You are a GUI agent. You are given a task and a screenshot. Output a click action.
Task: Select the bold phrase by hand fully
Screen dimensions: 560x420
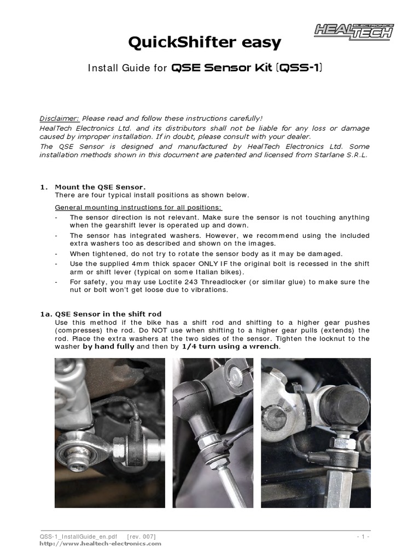(108, 347)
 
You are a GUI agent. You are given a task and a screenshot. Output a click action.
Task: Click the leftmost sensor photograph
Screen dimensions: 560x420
(109, 433)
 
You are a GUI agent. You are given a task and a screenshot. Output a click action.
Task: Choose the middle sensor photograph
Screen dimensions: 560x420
(213, 433)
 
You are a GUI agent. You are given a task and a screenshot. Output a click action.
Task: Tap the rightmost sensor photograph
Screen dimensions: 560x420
(316, 433)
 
